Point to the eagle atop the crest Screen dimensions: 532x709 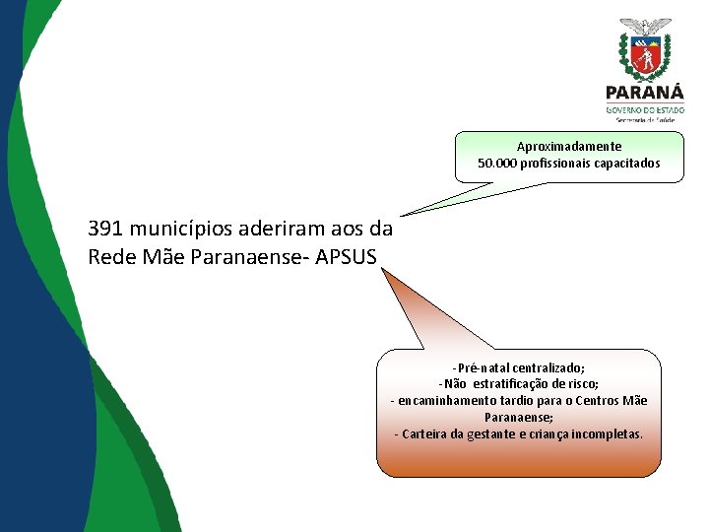point(646,25)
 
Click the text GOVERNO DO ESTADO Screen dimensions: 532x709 point(646,110)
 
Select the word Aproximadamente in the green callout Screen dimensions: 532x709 point(569,147)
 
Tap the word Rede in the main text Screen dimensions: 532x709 point(110,256)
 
